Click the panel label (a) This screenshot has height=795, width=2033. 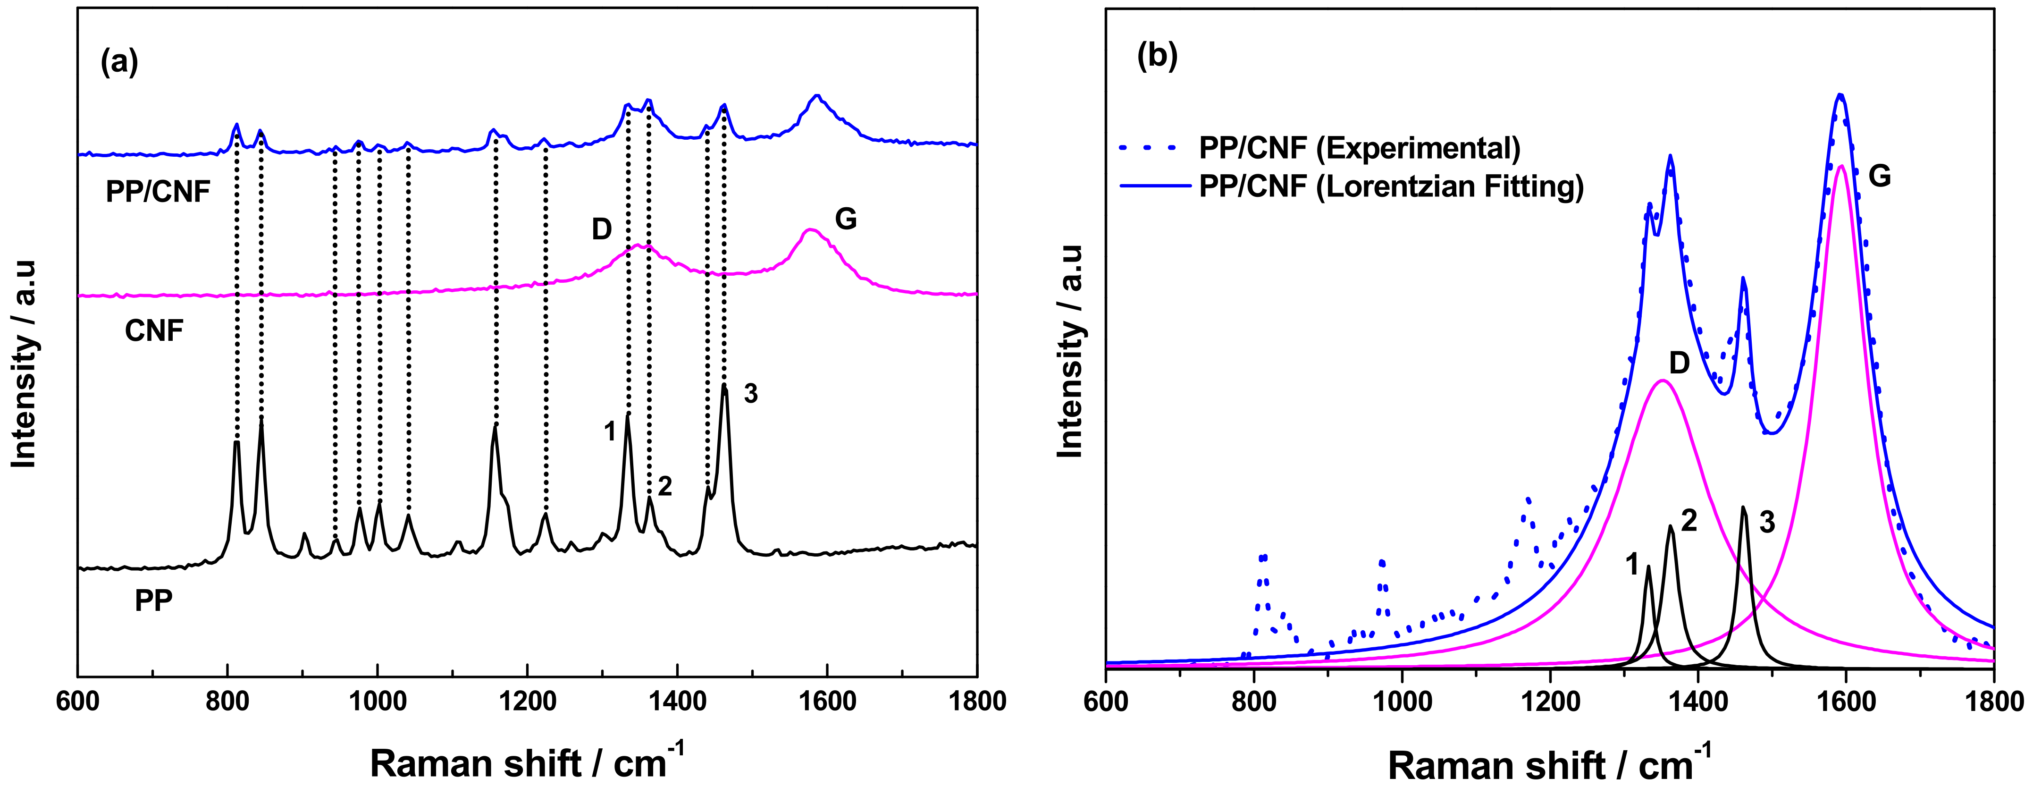pos(120,61)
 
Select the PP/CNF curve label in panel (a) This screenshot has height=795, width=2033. pos(158,192)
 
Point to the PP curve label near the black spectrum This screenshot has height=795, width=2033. pos(153,601)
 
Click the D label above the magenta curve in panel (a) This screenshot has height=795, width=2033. pos(601,230)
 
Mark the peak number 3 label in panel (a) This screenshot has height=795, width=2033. pos(750,393)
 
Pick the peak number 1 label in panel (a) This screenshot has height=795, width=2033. pos(609,432)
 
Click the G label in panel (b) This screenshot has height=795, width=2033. pos(1880,176)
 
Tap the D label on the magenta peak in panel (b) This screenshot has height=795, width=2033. pos(1679,363)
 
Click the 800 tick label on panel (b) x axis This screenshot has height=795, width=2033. pos(1254,702)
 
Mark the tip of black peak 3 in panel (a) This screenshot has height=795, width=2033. pos(724,386)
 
